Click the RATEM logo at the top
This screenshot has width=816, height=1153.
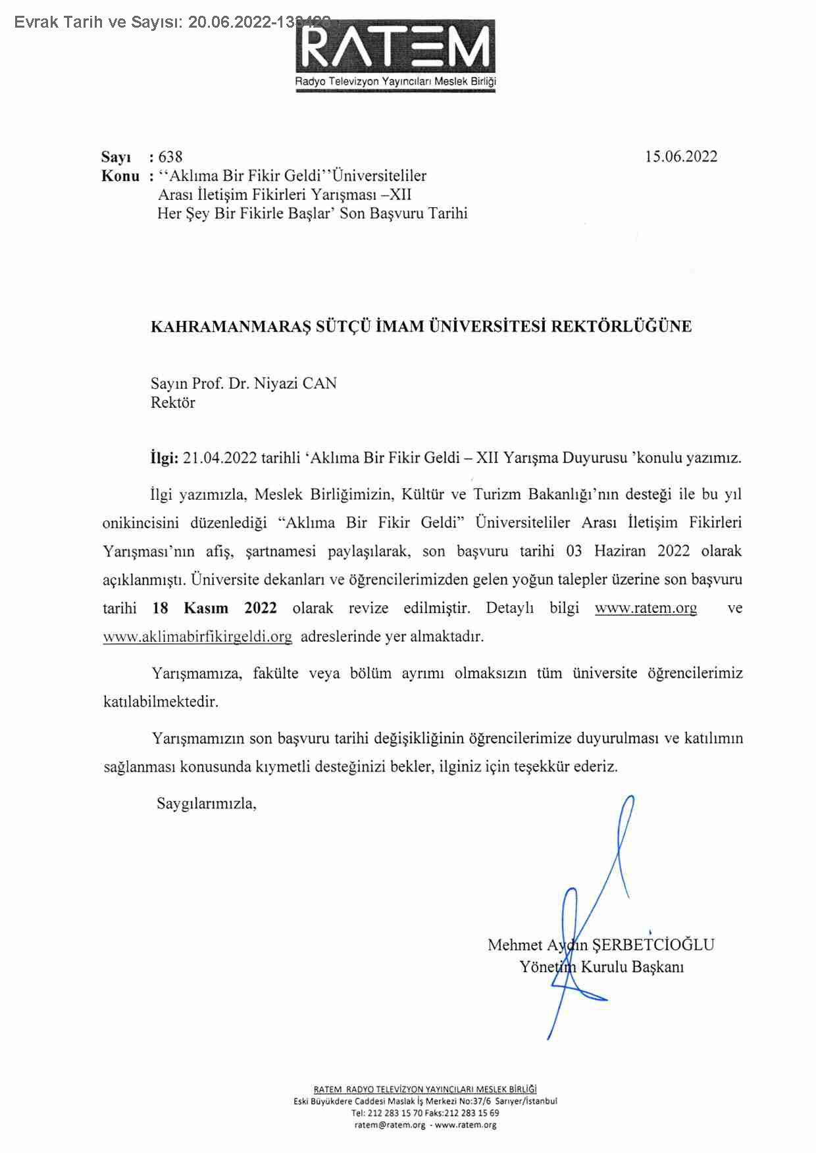[x=395, y=56]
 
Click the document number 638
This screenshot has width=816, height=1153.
[x=170, y=157]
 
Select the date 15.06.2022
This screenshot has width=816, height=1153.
[x=680, y=157]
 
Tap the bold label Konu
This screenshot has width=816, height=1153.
[x=120, y=176]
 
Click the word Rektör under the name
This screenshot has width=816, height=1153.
[x=172, y=403]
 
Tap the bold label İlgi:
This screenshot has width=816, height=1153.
[x=164, y=458]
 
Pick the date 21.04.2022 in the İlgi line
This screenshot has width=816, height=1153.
[x=220, y=458]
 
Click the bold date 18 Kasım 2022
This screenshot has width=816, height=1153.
[x=214, y=608]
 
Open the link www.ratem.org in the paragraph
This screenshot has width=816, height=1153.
[x=646, y=608]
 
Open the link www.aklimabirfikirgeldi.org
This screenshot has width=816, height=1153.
[x=197, y=637]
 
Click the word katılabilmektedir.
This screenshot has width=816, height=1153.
[x=161, y=702]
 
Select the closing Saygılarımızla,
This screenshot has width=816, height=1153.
[x=206, y=803]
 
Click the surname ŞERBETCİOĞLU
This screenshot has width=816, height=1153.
[x=653, y=945]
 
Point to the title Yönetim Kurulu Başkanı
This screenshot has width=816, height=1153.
[x=601, y=967]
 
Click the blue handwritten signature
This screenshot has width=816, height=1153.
[x=586, y=921]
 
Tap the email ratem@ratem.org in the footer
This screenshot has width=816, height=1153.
[x=390, y=1125]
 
